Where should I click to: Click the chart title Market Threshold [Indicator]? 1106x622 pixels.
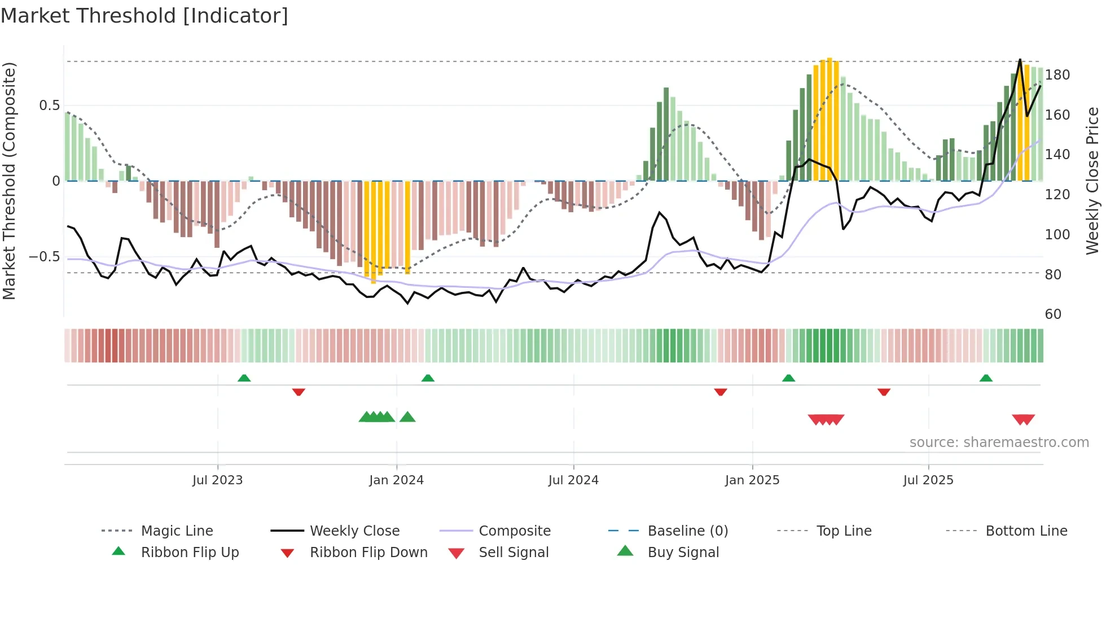click(144, 16)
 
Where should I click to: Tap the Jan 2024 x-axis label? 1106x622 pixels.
click(396, 480)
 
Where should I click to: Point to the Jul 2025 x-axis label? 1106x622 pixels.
click(928, 480)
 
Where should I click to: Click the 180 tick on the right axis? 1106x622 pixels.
click(1057, 75)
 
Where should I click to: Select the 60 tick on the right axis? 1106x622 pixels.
click(1053, 314)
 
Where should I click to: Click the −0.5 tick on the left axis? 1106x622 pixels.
click(44, 257)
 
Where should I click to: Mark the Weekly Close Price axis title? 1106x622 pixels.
click(1093, 181)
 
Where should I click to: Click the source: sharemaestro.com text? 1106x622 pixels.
click(999, 443)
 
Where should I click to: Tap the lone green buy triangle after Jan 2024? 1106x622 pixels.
click(407, 418)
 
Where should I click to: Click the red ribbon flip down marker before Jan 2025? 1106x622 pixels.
click(720, 392)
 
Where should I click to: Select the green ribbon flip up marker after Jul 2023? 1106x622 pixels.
click(244, 378)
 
